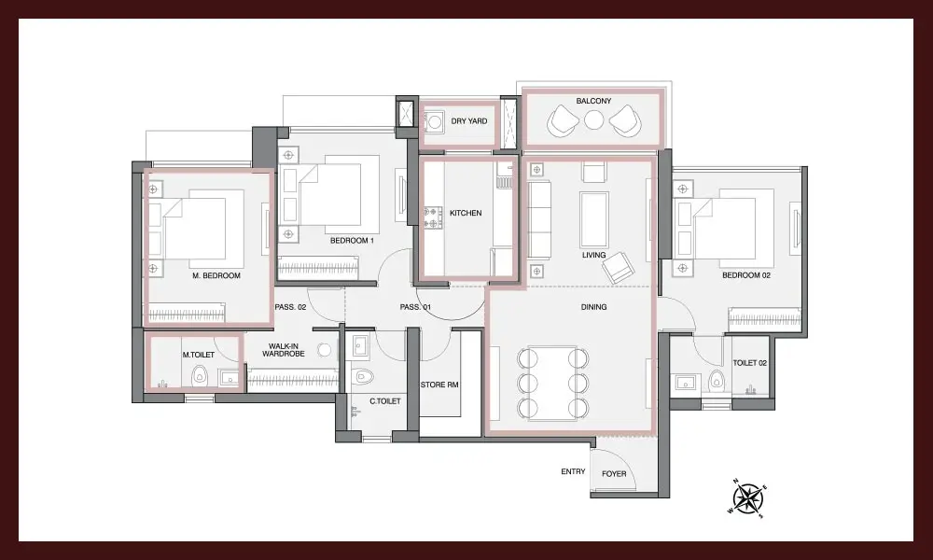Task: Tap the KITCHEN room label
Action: point(466,213)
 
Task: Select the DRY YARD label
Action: point(469,120)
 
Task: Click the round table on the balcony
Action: point(593,120)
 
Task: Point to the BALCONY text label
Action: point(593,101)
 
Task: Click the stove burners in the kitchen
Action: point(433,217)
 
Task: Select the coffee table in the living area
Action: point(593,219)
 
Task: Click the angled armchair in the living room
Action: point(619,268)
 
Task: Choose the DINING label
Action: point(593,307)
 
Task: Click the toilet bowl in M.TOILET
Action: point(199,375)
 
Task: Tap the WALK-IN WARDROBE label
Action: point(284,350)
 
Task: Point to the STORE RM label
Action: point(439,385)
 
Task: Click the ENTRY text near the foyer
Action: point(573,471)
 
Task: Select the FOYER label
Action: point(614,474)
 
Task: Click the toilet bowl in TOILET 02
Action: point(717,379)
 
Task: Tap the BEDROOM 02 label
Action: point(746,275)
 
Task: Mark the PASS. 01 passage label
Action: point(415,307)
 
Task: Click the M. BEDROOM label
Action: point(216,276)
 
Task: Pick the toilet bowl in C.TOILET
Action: point(362,377)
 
